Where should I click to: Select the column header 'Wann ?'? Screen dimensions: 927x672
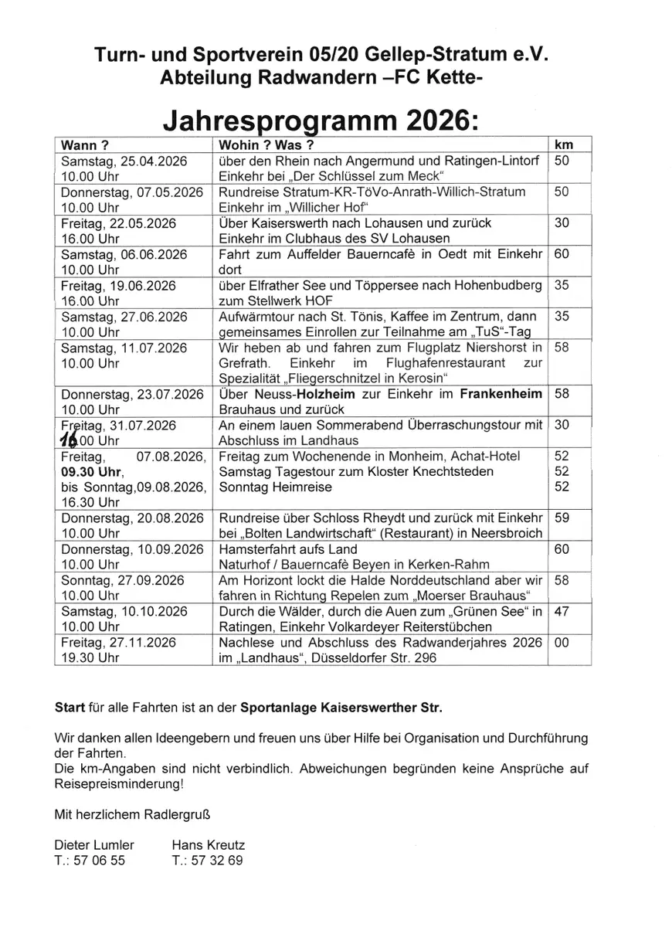[85, 144]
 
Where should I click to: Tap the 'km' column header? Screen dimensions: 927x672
[565, 144]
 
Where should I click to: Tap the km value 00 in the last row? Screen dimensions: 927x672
[562, 643]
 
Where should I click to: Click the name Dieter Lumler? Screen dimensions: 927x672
[94, 845]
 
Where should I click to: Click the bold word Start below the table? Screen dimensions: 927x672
[70, 707]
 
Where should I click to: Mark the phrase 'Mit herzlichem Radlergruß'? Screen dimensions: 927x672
[132, 814]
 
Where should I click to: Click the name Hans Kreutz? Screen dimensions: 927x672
[208, 845]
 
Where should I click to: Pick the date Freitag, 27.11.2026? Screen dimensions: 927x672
[115, 643]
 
